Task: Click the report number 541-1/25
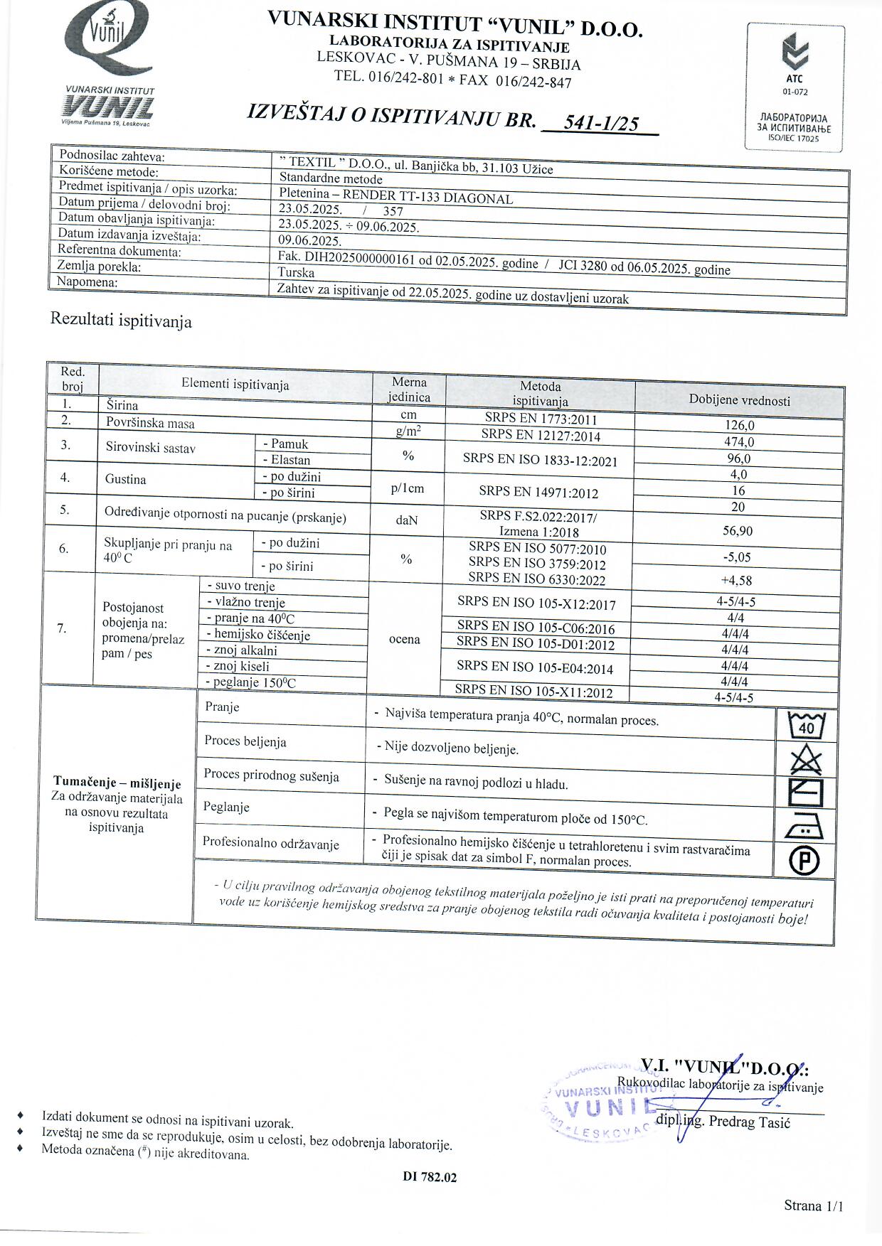(600, 123)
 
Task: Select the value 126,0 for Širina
(739, 426)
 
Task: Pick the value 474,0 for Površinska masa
(739, 442)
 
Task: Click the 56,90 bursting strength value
(738, 532)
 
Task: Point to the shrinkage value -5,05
(737, 557)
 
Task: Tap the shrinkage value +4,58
(736, 580)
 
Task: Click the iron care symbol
(806, 827)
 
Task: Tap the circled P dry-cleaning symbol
(804, 861)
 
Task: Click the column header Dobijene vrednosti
(739, 400)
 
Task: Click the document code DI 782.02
(430, 1177)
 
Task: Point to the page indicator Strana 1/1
(813, 1205)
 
